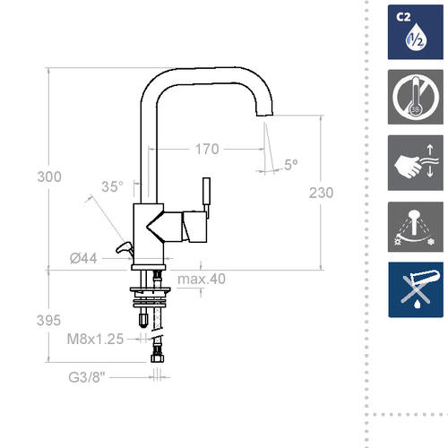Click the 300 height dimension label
click(49, 177)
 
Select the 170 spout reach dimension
click(207, 149)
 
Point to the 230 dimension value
click(321, 193)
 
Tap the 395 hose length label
click(48, 321)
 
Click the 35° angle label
click(112, 186)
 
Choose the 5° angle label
click(290, 165)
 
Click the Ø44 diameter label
click(83, 258)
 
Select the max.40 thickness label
click(202, 279)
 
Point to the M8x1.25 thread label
click(95, 339)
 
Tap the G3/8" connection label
click(87, 377)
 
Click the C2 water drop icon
click(416, 32)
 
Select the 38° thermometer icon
click(416, 97)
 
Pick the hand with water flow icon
click(416, 163)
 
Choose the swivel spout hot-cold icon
click(416, 227)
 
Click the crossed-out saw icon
click(416, 289)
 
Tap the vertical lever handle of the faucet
click(206, 194)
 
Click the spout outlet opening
click(264, 115)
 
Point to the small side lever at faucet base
click(125, 248)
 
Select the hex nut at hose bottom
click(157, 358)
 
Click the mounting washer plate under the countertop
click(150, 289)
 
